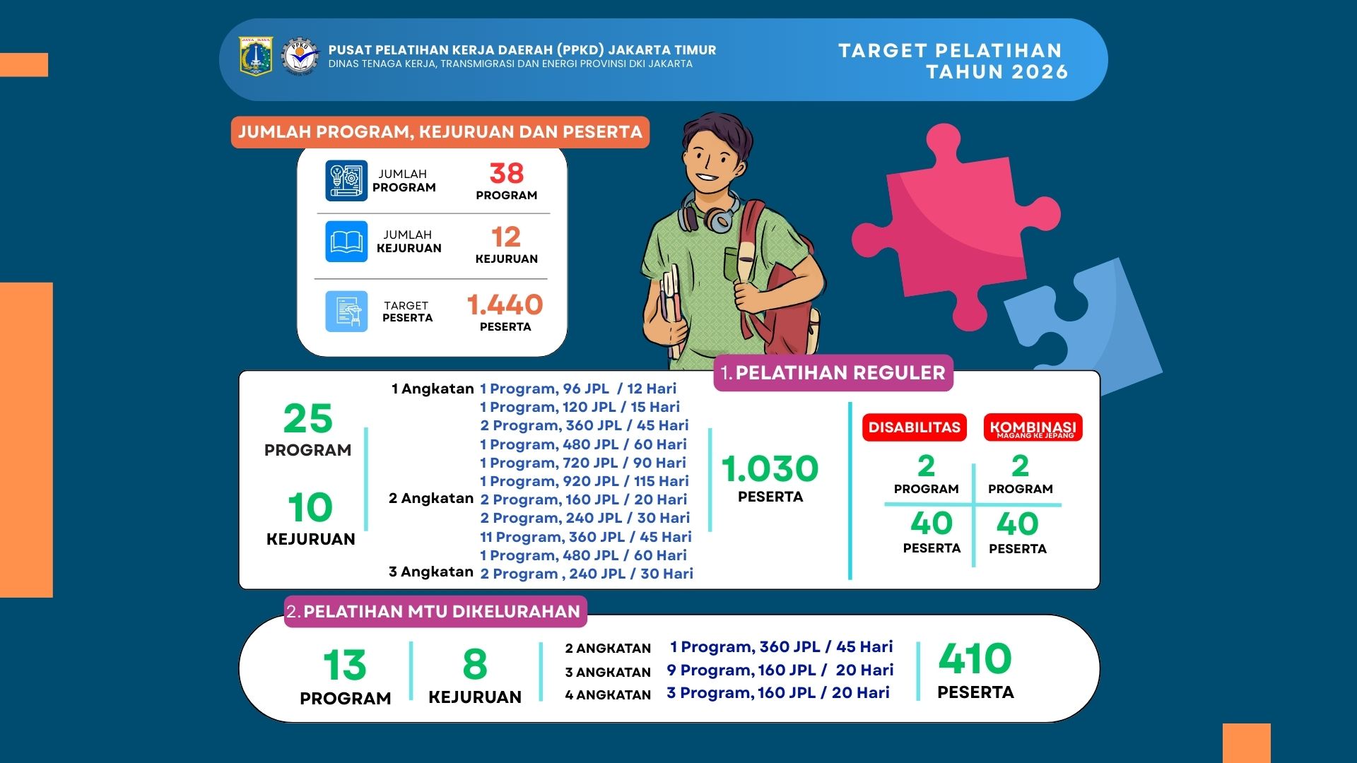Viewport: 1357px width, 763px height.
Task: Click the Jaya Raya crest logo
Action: coord(256,57)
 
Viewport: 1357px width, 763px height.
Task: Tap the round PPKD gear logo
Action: coord(300,57)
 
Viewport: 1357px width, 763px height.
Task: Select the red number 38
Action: coord(506,173)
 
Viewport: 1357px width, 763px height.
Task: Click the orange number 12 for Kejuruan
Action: coord(506,237)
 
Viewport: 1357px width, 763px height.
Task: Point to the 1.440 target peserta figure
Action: coord(505,304)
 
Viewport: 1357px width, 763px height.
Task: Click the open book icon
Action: coord(346,242)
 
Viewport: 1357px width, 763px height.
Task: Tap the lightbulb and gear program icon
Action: coord(346,180)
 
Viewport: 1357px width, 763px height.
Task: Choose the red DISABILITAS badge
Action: coord(914,427)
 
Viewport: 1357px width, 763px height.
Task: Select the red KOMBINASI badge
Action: coord(1033,428)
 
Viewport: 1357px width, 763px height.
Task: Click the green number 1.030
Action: coord(770,468)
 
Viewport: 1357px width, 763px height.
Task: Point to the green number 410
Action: coord(975,659)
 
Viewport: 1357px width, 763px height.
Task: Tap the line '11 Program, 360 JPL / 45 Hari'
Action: coord(585,537)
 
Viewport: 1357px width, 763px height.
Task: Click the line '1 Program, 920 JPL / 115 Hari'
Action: coord(584,481)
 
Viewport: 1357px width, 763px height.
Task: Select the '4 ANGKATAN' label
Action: coord(608,695)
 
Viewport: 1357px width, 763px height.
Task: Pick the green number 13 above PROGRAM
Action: coord(345,665)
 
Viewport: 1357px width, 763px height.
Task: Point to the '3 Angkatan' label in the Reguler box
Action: coord(430,572)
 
